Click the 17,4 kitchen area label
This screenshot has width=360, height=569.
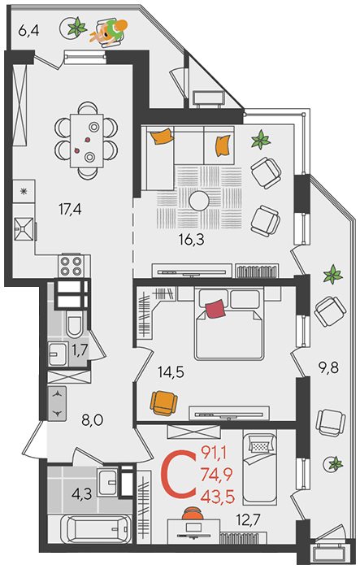(70, 209)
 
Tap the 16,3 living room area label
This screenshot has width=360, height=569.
(191, 240)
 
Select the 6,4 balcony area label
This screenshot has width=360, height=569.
(28, 31)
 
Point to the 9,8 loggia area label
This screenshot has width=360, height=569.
(328, 368)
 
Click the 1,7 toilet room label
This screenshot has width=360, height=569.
(80, 350)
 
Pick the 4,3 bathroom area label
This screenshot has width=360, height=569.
(81, 494)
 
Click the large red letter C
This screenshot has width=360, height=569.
(178, 474)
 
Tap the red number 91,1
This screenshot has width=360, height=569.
(214, 453)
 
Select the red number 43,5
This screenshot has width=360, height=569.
(217, 497)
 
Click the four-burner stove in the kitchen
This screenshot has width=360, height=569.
(72, 266)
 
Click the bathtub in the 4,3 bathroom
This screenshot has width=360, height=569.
(96, 529)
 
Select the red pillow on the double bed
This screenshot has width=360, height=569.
(215, 309)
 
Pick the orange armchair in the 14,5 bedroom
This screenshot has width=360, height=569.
(163, 403)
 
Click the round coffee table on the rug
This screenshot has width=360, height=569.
(199, 201)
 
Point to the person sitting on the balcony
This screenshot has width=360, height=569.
(110, 31)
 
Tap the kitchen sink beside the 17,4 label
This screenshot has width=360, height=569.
(24, 229)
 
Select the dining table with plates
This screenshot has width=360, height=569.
(87, 141)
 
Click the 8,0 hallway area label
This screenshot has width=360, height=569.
(93, 420)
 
